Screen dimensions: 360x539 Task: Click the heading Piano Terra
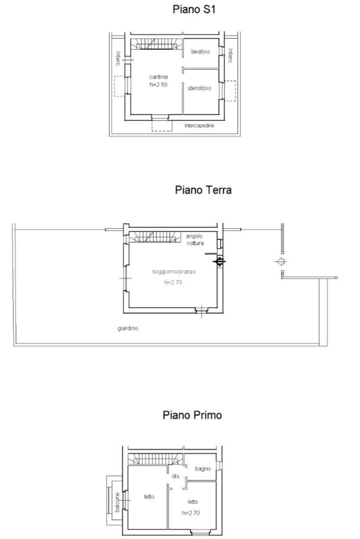coord(203,190)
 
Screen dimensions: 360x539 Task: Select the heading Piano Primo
coord(192,415)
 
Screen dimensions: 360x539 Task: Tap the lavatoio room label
coord(200,52)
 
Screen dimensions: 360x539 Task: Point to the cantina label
coord(158,77)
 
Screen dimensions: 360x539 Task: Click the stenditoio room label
coord(200,88)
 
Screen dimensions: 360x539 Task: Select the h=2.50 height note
coord(158,84)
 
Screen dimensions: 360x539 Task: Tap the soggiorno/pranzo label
coord(174,272)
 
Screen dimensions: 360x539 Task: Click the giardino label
coord(128,328)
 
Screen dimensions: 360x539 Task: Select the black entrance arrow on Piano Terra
coord(219,261)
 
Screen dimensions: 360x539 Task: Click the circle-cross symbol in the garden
coord(281,261)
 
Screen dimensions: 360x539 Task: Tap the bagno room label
coord(202,468)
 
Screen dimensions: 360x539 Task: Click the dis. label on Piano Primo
coord(176,476)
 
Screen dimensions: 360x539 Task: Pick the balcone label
coord(118,502)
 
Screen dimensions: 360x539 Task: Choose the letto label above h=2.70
coord(193,502)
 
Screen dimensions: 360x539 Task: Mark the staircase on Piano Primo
coord(155,459)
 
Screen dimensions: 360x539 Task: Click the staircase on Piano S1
coord(154,44)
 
